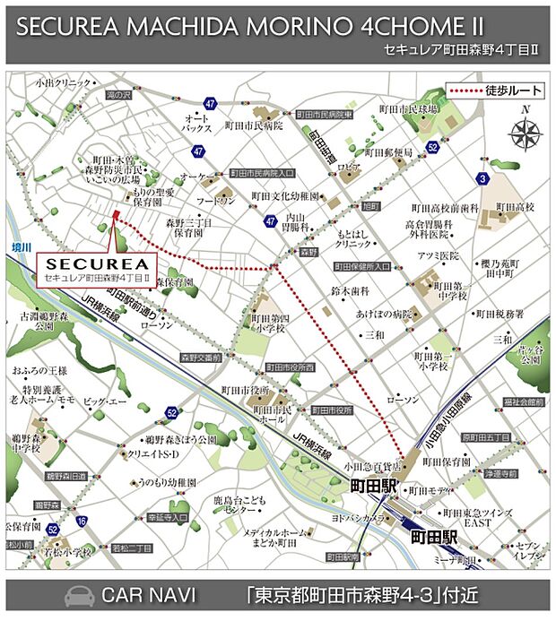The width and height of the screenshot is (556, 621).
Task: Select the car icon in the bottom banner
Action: point(78,596)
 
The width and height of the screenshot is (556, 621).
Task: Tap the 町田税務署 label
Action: point(500,315)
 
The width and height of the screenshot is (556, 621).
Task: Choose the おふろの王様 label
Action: point(39,369)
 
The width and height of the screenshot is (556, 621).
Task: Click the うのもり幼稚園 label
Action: point(169,481)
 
